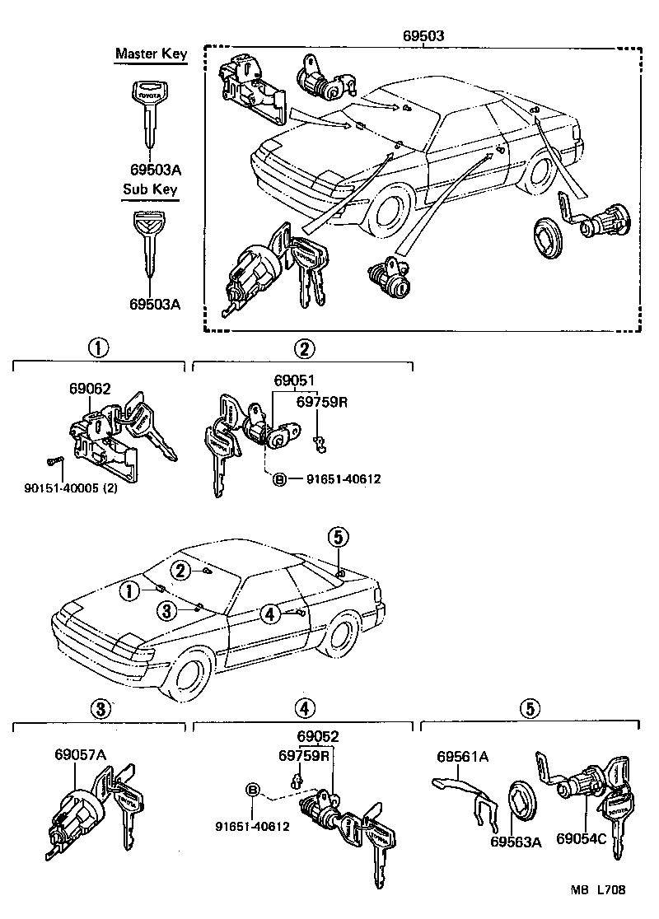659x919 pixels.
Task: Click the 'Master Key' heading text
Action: click(151, 54)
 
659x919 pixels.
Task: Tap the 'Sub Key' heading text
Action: click(150, 189)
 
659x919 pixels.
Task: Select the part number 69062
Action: click(90, 390)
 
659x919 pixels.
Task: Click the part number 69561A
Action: click(463, 757)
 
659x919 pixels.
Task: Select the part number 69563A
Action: click(516, 841)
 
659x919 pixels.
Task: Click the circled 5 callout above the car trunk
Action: click(338, 537)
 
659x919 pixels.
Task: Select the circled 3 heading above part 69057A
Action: click(99, 708)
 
